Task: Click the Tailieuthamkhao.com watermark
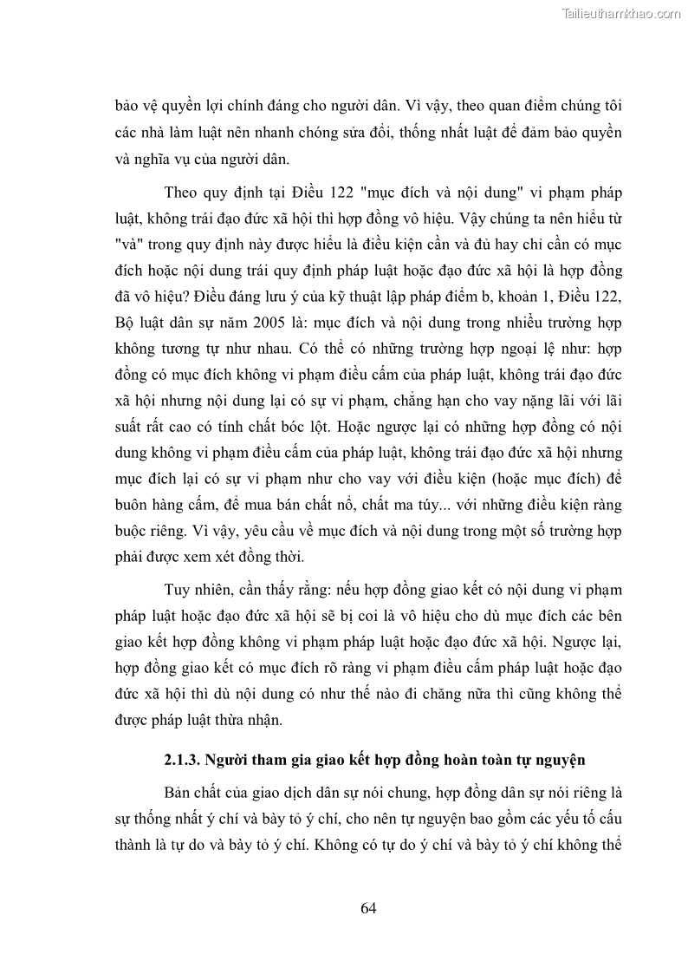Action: (x=621, y=13)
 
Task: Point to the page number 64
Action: (x=367, y=908)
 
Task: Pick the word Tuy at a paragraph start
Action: (x=176, y=590)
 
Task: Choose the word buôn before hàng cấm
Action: (x=133, y=504)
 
